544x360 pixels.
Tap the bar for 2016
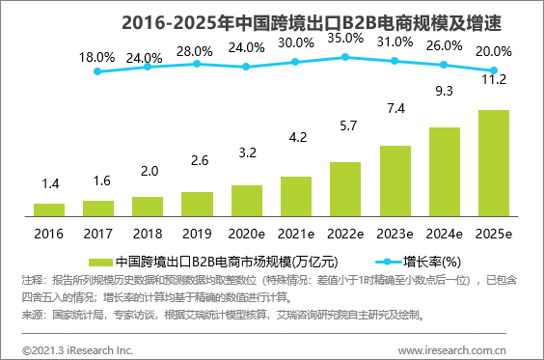coord(48,208)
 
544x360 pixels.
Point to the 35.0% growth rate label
coord(344,39)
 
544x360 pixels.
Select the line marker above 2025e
coord(493,70)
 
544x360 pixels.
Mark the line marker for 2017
coord(98,70)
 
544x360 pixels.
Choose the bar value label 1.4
coord(48,182)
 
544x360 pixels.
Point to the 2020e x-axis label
coord(246,234)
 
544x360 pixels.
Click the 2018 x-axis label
coord(148,234)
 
